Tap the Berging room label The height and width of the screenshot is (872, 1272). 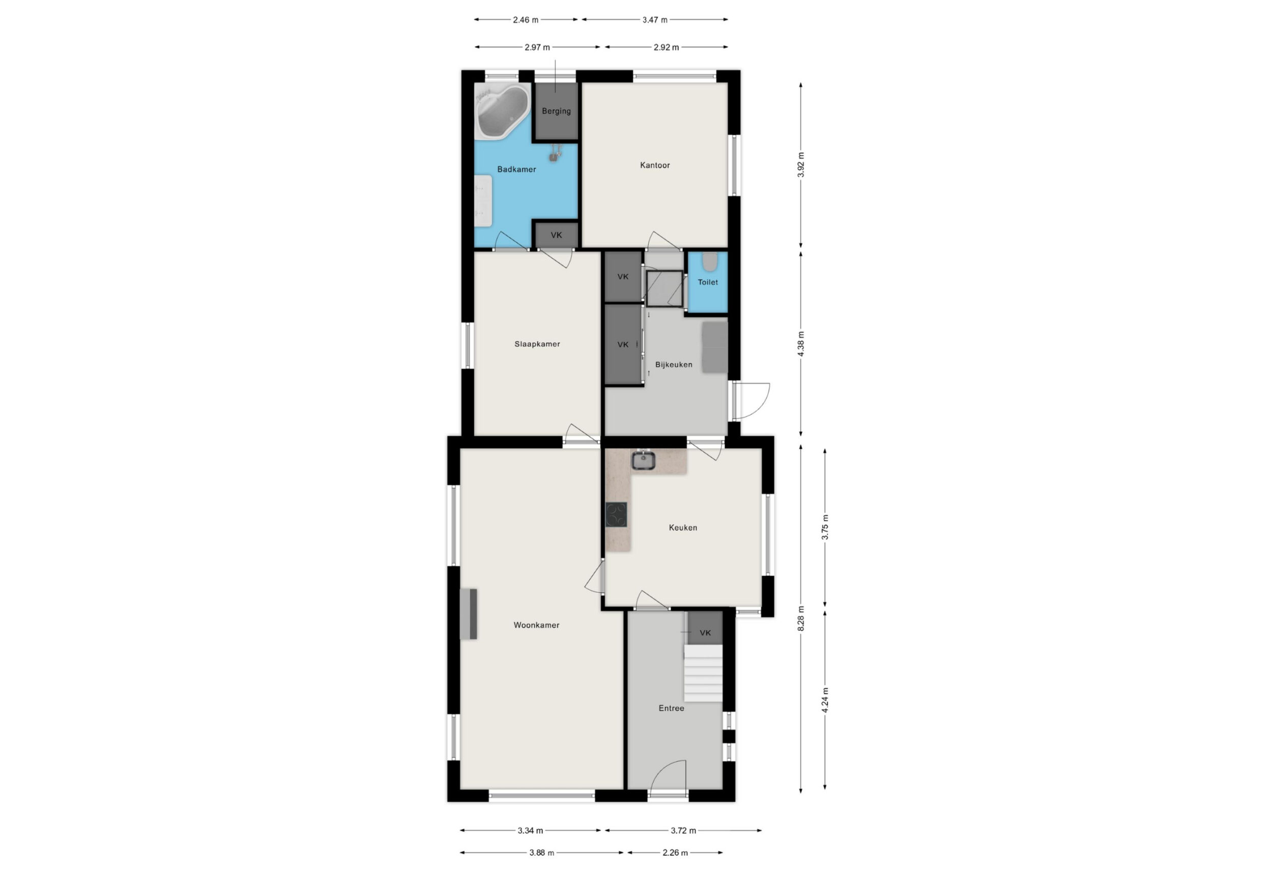(556, 111)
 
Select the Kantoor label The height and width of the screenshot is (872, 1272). (655, 165)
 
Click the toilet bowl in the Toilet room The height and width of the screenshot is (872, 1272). (710, 262)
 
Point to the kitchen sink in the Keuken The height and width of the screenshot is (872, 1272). (643, 460)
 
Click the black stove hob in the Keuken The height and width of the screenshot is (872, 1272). (616, 514)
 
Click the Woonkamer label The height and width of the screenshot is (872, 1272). (536, 625)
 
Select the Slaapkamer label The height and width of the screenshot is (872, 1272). (537, 344)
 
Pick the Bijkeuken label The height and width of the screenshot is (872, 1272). (674, 365)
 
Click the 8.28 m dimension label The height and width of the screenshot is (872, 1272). (801, 619)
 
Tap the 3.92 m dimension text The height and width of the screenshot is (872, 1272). (801, 165)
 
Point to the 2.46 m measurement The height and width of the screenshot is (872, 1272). (526, 20)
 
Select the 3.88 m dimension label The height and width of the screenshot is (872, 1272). (542, 852)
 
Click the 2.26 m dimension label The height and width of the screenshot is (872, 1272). (675, 852)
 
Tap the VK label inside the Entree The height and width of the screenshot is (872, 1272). (705, 633)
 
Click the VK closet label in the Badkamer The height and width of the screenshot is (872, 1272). (556, 236)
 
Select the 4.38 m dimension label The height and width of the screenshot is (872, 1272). (801, 344)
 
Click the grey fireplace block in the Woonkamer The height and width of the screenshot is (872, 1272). (469, 614)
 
